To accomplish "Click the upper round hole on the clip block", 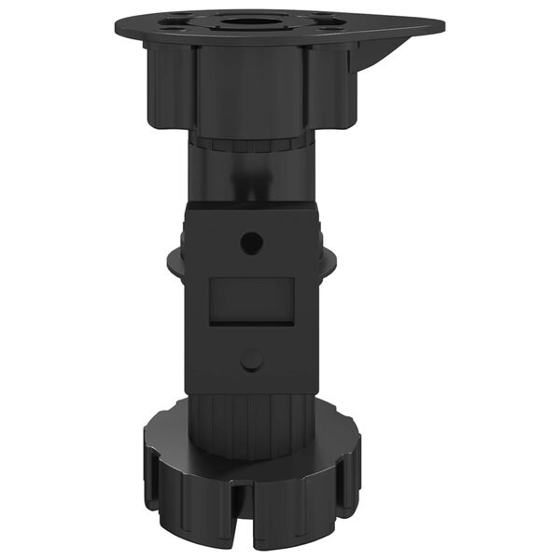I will (x=251, y=243).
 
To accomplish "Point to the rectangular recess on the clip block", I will (x=251, y=301).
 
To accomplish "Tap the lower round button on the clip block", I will (x=251, y=359).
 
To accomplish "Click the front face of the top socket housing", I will (x=250, y=89).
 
